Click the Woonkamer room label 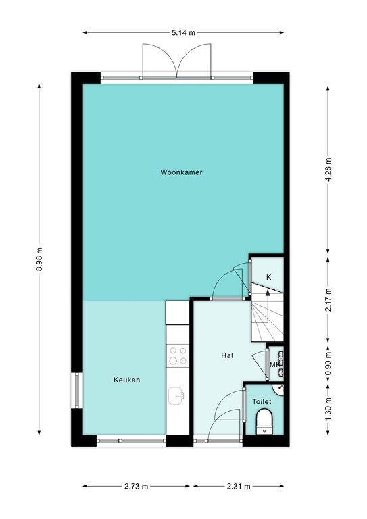pos(181,172)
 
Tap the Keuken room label pos(126,380)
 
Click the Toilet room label pos(262,401)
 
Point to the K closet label pos(268,278)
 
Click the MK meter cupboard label pos(274,365)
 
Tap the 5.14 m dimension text pos(183,32)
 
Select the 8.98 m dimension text pos(40,259)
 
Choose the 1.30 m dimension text pos(328,410)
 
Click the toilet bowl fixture pos(265,424)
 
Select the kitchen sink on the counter pos(177,394)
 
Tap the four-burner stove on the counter pos(178,355)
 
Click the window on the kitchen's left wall pos(76,392)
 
